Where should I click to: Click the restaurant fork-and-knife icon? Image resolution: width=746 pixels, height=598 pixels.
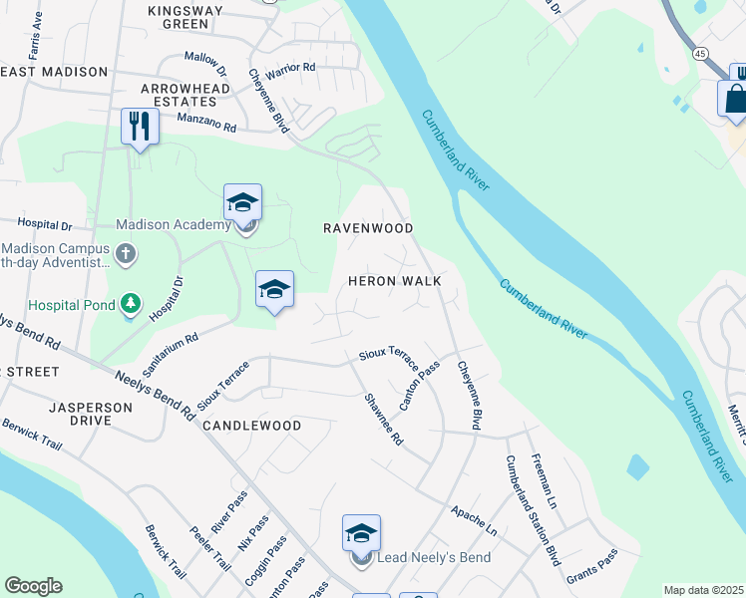pos(139,127)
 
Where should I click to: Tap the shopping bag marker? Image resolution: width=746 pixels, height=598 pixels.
pos(736,99)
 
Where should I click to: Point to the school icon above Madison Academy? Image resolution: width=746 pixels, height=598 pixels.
pos(242,202)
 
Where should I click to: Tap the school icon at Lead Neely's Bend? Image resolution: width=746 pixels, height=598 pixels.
pos(361,533)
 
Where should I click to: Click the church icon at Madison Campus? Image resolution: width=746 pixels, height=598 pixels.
pos(126,254)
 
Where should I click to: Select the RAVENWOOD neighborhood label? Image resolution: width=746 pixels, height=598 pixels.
pos(368,228)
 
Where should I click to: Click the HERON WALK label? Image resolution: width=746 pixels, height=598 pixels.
pos(394,281)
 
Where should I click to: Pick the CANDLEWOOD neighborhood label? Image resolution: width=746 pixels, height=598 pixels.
pos(251,426)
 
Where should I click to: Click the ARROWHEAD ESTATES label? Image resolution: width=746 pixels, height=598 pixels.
pos(179,95)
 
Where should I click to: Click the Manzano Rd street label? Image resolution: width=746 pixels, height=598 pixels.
pos(206,125)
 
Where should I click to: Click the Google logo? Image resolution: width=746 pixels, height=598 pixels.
pos(33,586)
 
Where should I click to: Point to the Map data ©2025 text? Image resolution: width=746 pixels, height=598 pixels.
pos(703,590)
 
